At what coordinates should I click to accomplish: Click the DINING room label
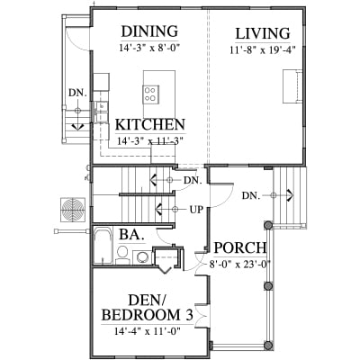(x=149, y=31)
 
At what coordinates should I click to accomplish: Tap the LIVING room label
(x=263, y=33)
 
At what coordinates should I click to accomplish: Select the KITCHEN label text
(x=150, y=124)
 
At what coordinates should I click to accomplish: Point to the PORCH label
(x=240, y=247)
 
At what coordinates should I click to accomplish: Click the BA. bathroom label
(x=131, y=234)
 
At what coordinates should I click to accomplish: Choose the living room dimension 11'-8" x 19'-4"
(x=263, y=49)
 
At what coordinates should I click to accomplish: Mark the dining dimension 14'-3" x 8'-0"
(x=149, y=48)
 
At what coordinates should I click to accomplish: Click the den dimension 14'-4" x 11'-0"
(x=147, y=331)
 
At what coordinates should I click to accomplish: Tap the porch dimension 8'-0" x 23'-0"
(x=239, y=265)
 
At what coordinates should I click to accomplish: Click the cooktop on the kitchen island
(x=150, y=94)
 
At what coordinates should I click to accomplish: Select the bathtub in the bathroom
(x=103, y=246)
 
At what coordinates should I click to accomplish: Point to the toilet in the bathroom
(x=122, y=256)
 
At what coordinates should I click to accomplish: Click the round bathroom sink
(x=140, y=256)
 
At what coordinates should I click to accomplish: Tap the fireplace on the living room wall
(x=292, y=86)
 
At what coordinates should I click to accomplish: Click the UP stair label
(x=196, y=209)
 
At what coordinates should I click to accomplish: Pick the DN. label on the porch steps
(x=251, y=196)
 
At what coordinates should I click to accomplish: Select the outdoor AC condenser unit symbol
(x=73, y=210)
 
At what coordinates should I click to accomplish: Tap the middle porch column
(x=268, y=286)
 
